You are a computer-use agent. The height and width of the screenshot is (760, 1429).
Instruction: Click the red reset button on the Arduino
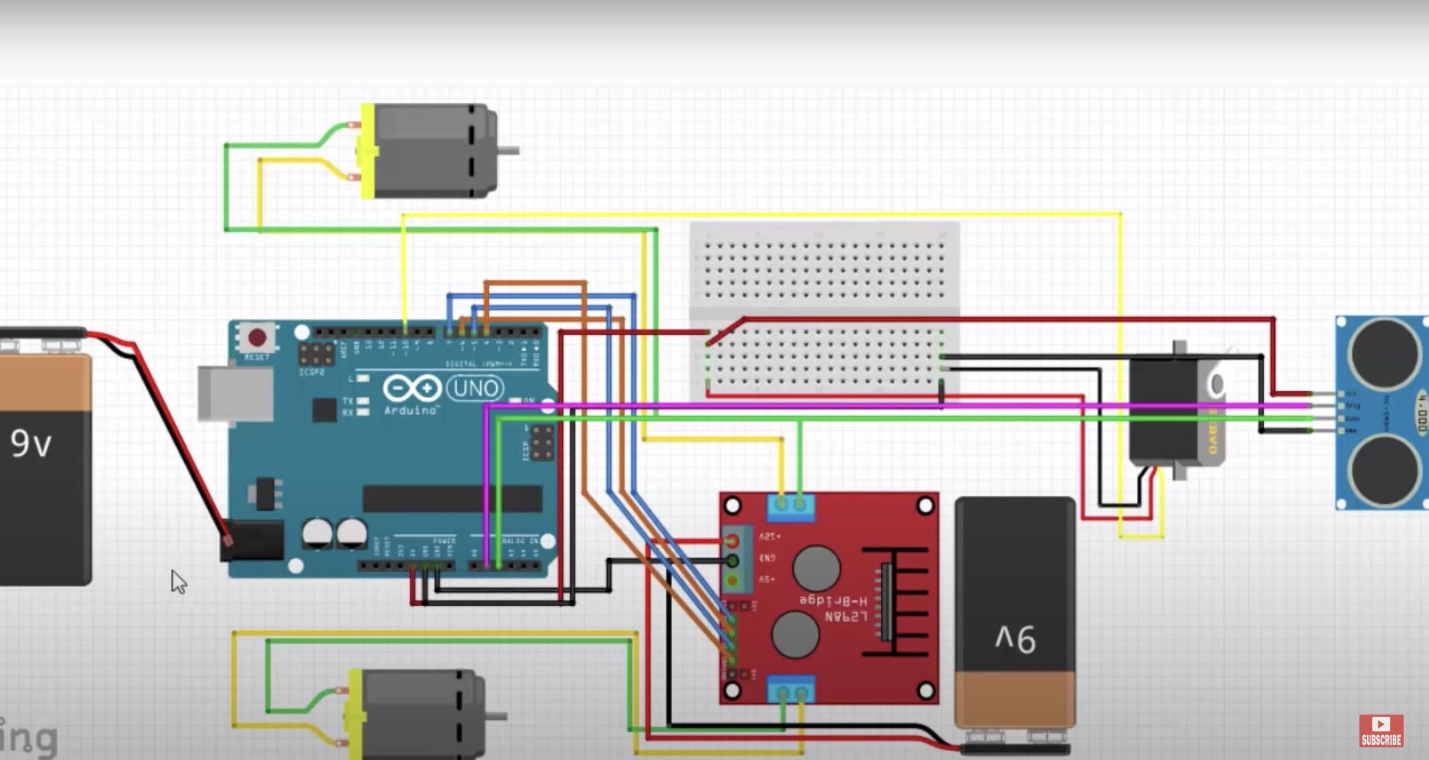point(257,338)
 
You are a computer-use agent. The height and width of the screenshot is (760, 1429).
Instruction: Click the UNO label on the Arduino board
point(475,388)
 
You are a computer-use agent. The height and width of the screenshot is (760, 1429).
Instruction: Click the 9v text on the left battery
point(31,444)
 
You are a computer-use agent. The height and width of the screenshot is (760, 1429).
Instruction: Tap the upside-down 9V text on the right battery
point(1016,640)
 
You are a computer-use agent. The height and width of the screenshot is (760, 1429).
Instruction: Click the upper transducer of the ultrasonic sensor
point(1384,353)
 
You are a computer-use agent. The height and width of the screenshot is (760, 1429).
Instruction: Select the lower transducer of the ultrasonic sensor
point(1384,471)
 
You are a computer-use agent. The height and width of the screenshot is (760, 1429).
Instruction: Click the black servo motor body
point(1164,411)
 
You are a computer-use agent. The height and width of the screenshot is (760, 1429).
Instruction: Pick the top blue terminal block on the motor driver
point(791,507)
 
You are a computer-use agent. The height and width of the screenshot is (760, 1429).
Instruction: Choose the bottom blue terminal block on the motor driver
point(791,690)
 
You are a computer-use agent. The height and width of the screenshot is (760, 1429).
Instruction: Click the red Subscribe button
point(1381,731)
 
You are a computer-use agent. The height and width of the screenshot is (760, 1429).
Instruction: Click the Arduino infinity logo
point(412,388)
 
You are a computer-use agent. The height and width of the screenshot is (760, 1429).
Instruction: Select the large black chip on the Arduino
point(453,499)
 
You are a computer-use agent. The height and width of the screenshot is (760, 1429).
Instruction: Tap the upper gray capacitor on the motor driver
point(816,568)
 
